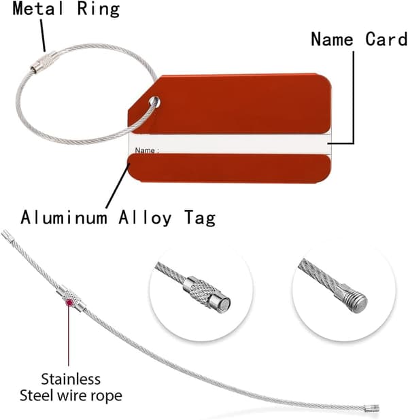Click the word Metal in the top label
[38, 8]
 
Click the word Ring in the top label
[98, 10]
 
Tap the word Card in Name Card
[386, 39]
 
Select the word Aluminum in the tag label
[64, 217]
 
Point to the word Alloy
[145, 218]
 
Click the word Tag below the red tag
[200, 218]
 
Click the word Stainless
[71, 379]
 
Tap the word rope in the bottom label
[107, 397]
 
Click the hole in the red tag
[154, 102]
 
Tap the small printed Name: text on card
[147, 150]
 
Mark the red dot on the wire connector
[69, 303]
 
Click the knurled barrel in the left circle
[202, 291]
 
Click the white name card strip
[229, 144]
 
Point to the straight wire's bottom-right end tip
[378, 408]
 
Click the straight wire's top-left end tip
[3, 233]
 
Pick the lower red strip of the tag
[229, 169]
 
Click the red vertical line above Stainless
[69, 336]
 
